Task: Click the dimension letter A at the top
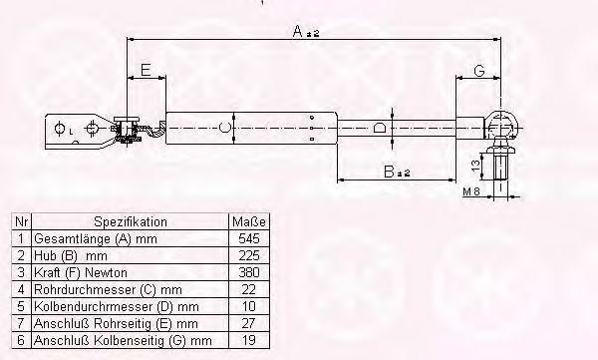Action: point(297,31)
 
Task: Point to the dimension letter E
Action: point(146,70)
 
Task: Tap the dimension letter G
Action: point(479,71)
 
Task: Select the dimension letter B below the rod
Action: point(389,172)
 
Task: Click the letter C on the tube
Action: point(225,128)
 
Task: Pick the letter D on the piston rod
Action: point(380,128)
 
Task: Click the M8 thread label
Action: point(471,191)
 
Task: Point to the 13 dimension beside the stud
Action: point(475,166)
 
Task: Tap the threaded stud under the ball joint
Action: point(500,167)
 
